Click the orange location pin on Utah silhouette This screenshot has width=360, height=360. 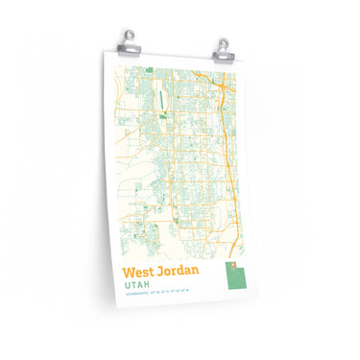coord(231,266)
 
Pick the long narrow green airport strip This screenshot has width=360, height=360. coord(161,98)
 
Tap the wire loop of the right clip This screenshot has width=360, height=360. coord(222,37)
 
